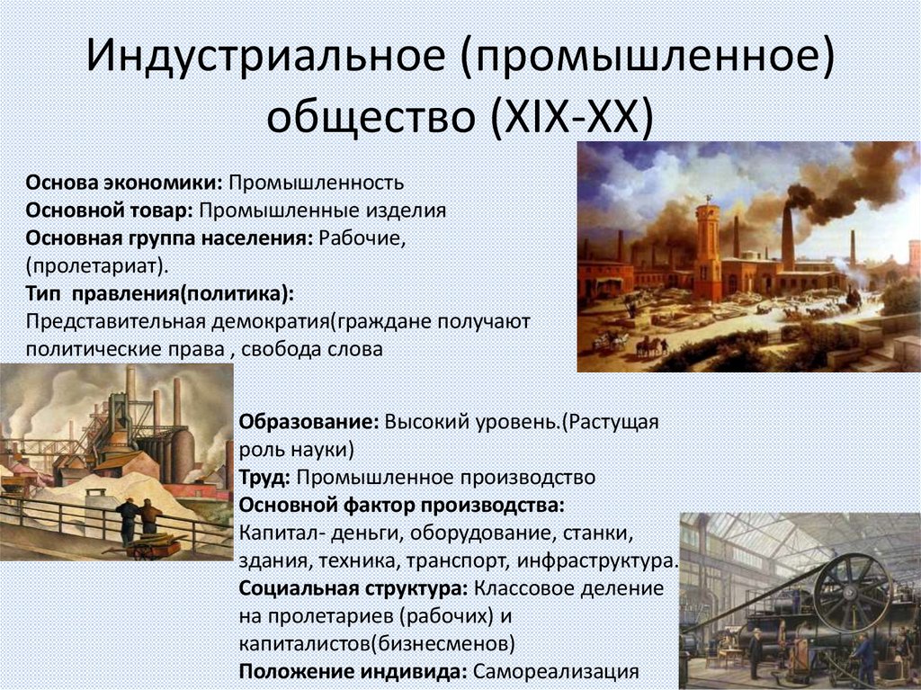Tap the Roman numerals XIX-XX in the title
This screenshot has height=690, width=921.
[x=569, y=118]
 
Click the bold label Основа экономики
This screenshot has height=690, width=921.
[x=124, y=184]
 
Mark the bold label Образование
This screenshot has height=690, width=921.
[x=309, y=422]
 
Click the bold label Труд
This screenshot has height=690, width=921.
[x=263, y=477]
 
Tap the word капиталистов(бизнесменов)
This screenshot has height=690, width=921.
[x=377, y=644]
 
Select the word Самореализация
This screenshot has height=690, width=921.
[x=556, y=672]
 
